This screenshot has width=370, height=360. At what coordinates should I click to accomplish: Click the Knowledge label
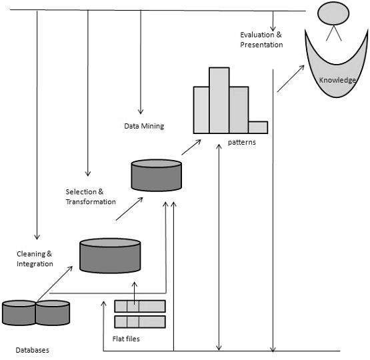pos(337,81)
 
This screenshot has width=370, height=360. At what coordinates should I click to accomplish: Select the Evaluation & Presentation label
pos(261,39)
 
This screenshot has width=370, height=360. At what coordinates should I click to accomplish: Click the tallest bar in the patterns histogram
pos(219,100)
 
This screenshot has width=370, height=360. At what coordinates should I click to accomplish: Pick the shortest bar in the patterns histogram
pos(258,127)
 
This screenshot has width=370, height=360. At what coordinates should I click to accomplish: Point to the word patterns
pos(241,142)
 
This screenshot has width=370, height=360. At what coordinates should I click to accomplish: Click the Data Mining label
pos(144,125)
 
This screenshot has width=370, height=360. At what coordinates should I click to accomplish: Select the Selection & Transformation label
pos(91,197)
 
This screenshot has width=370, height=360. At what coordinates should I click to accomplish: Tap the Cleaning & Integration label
pos(35,259)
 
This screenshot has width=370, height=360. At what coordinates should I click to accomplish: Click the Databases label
pos(32,349)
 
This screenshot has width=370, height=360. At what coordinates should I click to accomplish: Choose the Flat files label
pos(126,339)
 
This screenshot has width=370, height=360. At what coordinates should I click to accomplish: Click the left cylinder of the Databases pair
pos(19,313)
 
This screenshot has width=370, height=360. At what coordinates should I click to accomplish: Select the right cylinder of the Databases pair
pos(53,313)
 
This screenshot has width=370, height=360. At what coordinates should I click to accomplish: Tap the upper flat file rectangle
pos(139,307)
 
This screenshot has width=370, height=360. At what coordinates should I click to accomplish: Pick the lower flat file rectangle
pos(139,321)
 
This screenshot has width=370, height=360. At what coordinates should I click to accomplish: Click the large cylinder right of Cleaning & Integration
pos(110,255)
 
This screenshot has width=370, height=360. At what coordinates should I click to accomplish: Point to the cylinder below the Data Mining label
pos(156,175)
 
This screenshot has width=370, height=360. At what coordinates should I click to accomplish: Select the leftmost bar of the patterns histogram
pos(201,109)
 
